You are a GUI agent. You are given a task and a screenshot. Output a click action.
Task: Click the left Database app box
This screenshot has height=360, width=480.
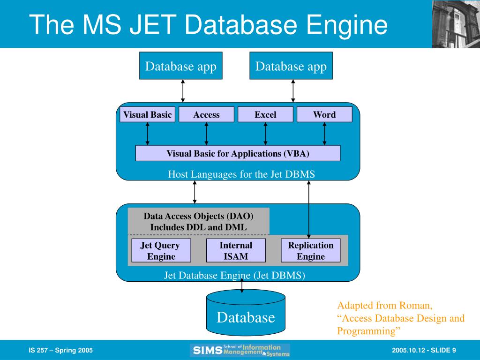(x=180, y=66)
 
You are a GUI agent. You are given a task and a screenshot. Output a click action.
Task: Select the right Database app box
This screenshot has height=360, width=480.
(x=291, y=66)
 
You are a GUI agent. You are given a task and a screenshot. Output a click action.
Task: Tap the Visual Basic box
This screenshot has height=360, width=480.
(x=147, y=114)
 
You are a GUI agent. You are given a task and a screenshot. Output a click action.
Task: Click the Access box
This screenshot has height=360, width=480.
(x=206, y=114)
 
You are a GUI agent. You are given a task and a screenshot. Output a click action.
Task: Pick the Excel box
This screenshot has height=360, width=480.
(x=265, y=114)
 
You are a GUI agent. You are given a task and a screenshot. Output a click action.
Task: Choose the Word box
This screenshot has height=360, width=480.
(x=324, y=114)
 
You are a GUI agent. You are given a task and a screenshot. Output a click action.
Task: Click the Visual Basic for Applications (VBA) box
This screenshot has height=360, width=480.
(x=238, y=153)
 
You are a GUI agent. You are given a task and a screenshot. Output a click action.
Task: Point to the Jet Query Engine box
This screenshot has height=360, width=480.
(x=161, y=250)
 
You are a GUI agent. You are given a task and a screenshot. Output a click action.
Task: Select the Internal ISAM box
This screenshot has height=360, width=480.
(x=236, y=250)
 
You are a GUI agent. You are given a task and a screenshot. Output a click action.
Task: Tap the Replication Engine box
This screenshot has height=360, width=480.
(x=310, y=250)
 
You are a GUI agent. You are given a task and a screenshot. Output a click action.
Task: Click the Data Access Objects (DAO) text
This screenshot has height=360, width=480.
(x=198, y=216)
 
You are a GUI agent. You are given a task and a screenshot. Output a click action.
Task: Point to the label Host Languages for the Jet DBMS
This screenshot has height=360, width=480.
(x=241, y=174)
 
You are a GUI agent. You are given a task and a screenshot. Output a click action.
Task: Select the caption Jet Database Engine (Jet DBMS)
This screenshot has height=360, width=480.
(x=234, y=275)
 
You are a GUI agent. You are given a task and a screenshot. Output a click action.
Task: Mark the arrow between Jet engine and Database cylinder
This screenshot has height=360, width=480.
(x=242, y=285)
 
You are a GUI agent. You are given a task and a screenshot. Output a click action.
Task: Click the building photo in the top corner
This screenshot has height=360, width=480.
(x=456, y=24)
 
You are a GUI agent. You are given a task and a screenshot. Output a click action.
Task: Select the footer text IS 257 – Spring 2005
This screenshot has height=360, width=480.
(x=60, y=351)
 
